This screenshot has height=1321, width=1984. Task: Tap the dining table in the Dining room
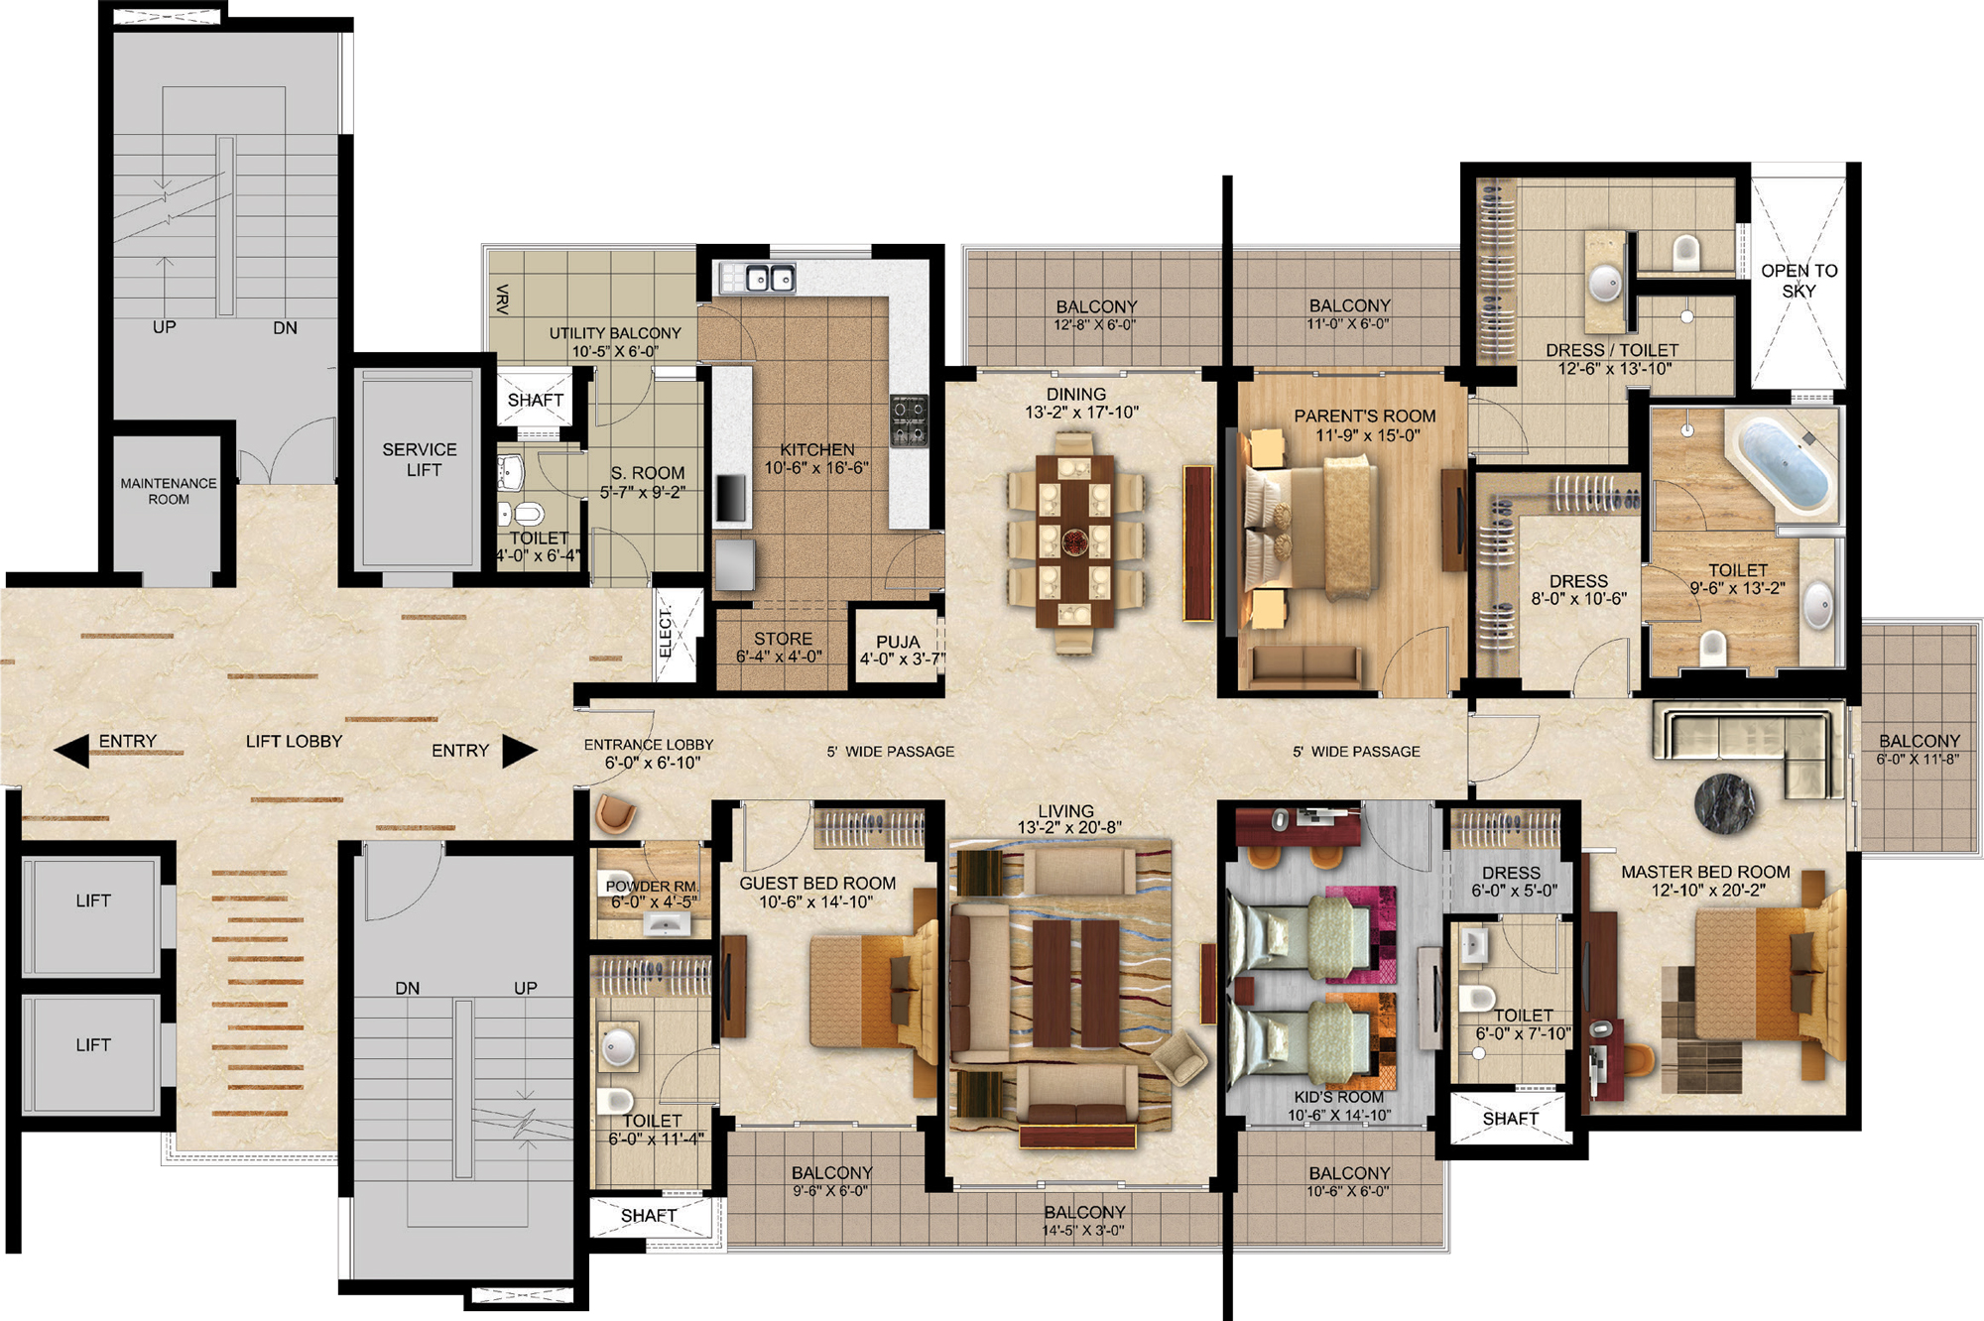click(1075, 541)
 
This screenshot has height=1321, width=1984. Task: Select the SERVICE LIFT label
click(421, 459)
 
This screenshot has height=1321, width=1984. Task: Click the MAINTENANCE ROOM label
click(169, 491)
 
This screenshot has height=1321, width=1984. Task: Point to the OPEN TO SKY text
click(1799, 281)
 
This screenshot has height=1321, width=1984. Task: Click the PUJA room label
click(899, 642)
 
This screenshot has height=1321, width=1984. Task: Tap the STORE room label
click(783, 639)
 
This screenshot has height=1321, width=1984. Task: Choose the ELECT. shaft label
click(666, 631)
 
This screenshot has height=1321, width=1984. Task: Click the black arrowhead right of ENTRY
click(520, 751)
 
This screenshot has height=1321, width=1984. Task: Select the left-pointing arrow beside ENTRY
click(71, 751)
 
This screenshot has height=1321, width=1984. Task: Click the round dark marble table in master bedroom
click(1725, 801)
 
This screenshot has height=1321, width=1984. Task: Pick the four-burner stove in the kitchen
click(909, 420)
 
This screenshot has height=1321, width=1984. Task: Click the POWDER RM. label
click(652, 887)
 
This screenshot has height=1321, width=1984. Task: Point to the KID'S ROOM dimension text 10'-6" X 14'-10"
click(1339, 1116)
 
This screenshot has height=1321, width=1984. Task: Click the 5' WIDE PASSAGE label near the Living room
click(891, 752)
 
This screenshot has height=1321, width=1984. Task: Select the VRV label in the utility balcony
click(502, 300)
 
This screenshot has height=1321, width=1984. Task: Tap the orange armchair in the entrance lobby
click(615, 813)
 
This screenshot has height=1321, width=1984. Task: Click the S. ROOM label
click(648, 473)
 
